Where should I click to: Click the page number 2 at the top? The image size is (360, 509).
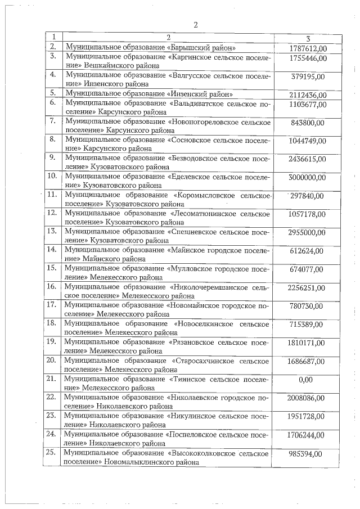coord(195,25)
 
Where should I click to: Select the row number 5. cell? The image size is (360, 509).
coord(53,93)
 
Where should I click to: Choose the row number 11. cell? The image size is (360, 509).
coord(53,195)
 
